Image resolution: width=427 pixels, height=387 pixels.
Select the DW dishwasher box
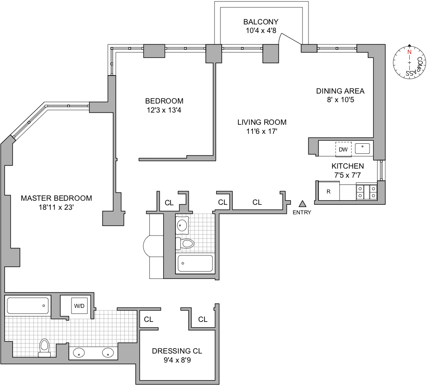click(x=343, y=149)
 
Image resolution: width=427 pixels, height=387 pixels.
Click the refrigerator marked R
click(x=329, y=191)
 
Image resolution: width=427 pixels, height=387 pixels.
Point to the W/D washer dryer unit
click(x=79, y=306)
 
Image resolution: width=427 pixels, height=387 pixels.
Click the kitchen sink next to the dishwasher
click(x=363, y=148)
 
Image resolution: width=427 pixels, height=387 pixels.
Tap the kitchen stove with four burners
click(x=366, y=192)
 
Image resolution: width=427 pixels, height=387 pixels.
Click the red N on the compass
click(x=409, y=52)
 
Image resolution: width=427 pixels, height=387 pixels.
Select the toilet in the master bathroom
click(x=44, y=347)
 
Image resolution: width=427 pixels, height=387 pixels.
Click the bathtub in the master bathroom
click(x=28, y=306)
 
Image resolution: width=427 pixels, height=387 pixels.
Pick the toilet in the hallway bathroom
click(x=186, y=244)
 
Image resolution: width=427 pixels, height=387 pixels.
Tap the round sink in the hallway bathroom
click(x=182, y=224)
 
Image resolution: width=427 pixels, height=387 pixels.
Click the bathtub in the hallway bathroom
click(x=195, y=264)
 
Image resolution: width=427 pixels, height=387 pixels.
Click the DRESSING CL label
click(x=177, y=351)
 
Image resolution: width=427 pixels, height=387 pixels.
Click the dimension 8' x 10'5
click(x=340, y=100)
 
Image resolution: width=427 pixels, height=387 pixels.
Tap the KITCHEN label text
click(x=347, y=166)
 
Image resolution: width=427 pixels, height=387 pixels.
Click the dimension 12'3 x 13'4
click(x=164, y=110)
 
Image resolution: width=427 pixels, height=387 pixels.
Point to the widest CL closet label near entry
click(x=257, y=203)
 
